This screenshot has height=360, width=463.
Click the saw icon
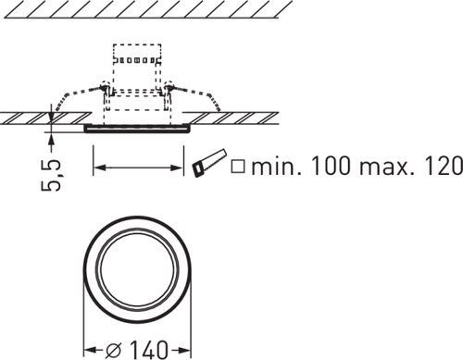[209, 163]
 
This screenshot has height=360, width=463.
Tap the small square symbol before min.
[238, 166]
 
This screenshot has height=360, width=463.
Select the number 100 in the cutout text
[331, 166]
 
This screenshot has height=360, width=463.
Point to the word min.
[276, 166]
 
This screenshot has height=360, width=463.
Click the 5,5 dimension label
[51, 175]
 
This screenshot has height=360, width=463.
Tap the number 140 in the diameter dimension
[149, 350]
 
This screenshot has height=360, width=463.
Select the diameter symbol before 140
[114, 350]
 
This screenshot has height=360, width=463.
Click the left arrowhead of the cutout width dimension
[99, 168]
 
